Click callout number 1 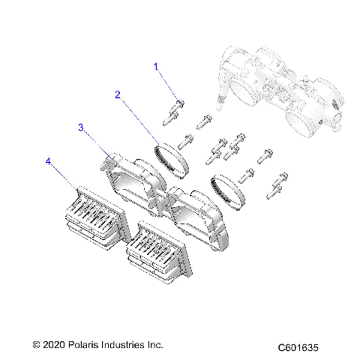coord(157,67)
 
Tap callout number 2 coord(118,94)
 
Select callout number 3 coord(82,127)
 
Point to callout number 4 coord(49,160)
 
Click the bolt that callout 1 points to coord(179,105)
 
